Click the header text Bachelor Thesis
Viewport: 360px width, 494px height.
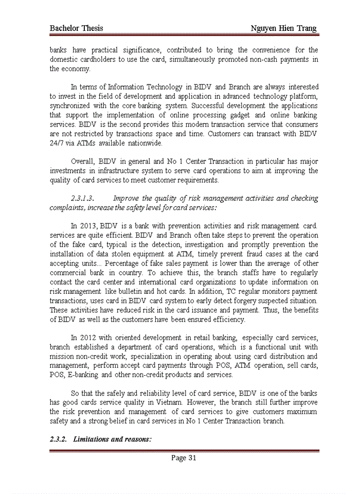click(x=76, y=28)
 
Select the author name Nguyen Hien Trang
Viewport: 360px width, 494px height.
click(x=284, y=28)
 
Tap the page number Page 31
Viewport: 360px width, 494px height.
click(x=184, y=458)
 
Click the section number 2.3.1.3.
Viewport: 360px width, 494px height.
click(x=82, y=198)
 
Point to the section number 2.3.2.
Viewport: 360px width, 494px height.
click(x=59, y=439)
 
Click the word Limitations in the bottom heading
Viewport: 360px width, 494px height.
click(x=92, y=439)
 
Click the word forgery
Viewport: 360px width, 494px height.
click(x=228, y=301)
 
